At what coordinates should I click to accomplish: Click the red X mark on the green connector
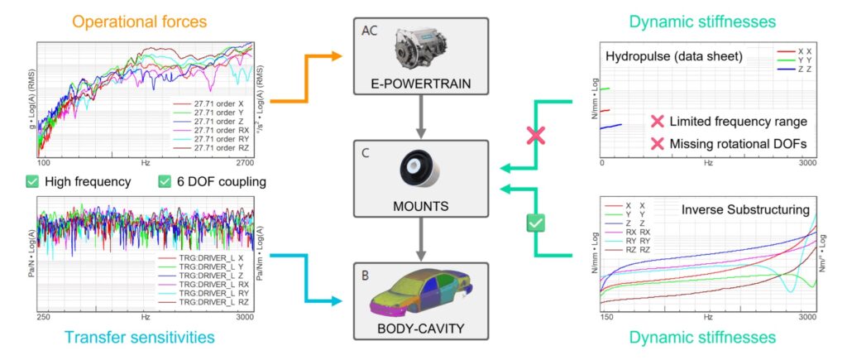536,137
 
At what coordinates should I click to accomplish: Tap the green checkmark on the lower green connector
536,223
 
